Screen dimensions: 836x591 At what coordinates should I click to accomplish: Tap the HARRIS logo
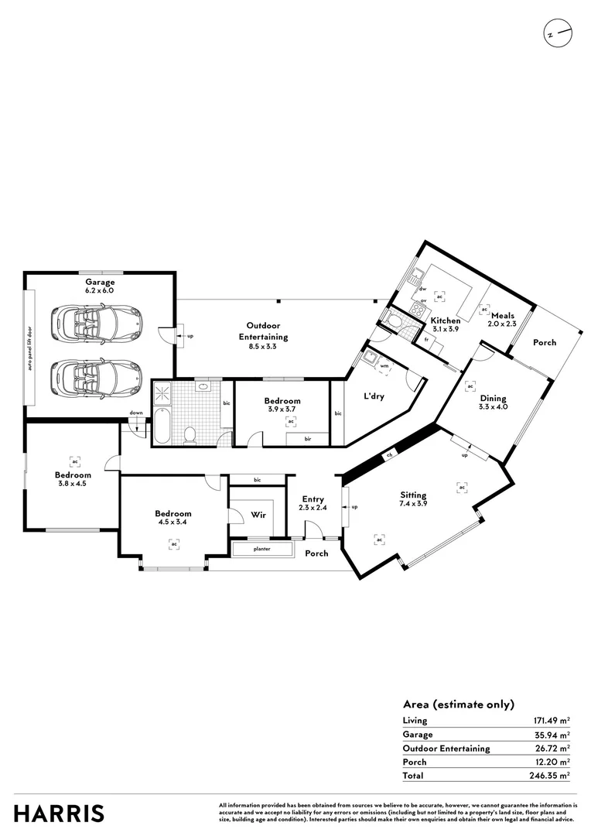click(59, 814)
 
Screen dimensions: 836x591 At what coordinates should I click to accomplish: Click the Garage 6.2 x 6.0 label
click(100, 286)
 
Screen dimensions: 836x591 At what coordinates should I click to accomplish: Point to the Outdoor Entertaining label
click(267, 331)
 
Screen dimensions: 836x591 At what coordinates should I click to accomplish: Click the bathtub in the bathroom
click(161, 426)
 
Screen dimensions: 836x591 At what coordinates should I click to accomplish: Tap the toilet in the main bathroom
click(189, 434)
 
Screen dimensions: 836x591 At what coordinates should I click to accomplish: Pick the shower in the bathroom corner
click(163, 393)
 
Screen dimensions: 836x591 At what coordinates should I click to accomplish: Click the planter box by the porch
click(263, 550)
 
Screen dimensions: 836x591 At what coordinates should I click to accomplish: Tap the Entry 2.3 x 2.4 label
click(313, 503)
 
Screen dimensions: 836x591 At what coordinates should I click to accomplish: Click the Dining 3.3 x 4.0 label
click(493, 403)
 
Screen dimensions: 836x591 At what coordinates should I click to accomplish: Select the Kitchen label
click(446, 320)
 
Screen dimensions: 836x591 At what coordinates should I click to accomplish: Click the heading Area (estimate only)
click(458, 704)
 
